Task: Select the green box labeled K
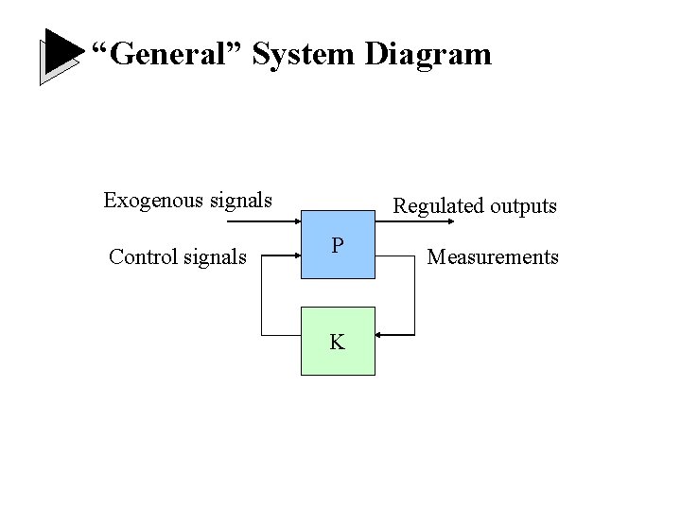(338, 341)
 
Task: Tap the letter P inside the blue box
(337, 246)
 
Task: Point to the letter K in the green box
(337, 343)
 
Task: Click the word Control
(143, 256)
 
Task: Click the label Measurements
(493, 256)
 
